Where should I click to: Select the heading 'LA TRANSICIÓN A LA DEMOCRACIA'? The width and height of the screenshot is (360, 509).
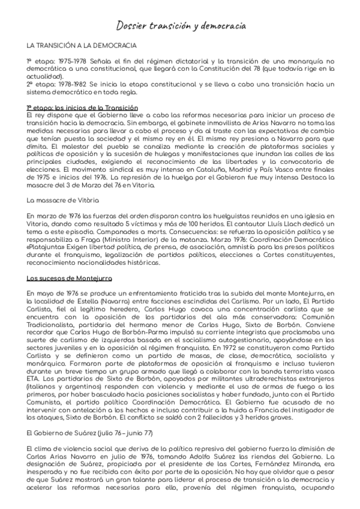(82, 46)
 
